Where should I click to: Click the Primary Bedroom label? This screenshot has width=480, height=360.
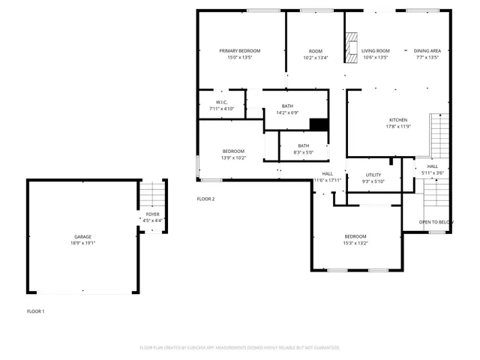pyautogui.click(x=240, y=51)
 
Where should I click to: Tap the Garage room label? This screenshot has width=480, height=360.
pyautogui.click(x=82, y=235)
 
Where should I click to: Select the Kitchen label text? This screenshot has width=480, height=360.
pyautogui.click(x=397, y=120)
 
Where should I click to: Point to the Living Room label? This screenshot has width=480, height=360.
pyautogui.click(x=376, y=51)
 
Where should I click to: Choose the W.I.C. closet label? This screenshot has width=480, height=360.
pyautogui.click(x=221, y=102)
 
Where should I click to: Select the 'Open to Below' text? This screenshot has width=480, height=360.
pyautogui.click(x=436, y=222)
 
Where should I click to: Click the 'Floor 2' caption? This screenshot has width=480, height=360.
pyautogui.click(x=205, y=199)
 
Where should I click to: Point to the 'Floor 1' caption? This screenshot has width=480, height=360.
pyautogui.click(x=36, y=310)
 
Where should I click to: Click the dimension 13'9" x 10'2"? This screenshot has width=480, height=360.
pyautogui.click(x=233, y=158)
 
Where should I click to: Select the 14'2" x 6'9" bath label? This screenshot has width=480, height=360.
pyautogui.click(x=287, y=112)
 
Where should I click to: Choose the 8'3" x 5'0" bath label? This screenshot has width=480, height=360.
pyautogui.click(x=303, y=152)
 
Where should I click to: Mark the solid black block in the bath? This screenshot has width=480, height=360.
pyautogui.click(x=319, y=125)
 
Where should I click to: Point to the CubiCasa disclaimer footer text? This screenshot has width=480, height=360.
pyautogui.click(x=240, y=347)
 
